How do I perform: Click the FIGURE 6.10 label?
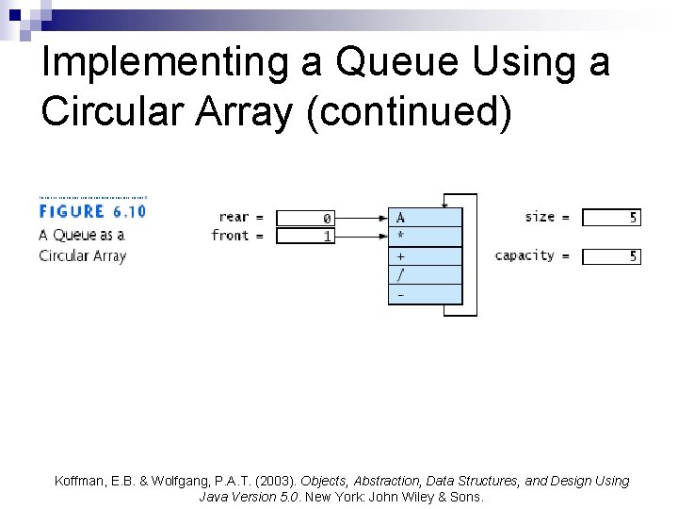(x=92, y=211)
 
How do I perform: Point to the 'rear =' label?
(x=241, y=218)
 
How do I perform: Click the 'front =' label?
(x=237, y=236)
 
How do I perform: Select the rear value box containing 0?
(x=304, y=218)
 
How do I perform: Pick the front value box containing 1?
(x=304, y=236)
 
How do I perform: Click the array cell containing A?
(x=426, y=217)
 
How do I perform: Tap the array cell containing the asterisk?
(x=426, y=237)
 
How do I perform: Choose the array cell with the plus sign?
(x=426, y=255)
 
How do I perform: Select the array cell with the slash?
(x=426, y=274)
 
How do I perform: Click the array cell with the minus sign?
(x=426, y=294)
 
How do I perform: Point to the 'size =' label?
(x=547, y=217)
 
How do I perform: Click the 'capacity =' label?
(x=532, y=255)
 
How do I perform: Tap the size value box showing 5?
(x=611, y=218)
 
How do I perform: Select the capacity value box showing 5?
(x=611, y=256)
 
